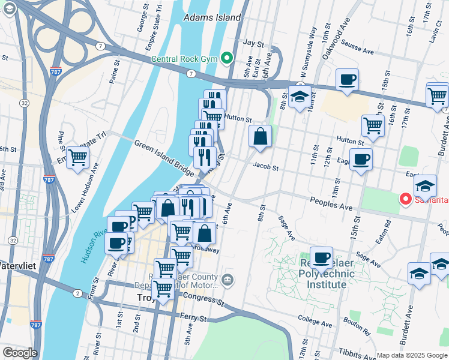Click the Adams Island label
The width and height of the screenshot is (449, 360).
[212, 17]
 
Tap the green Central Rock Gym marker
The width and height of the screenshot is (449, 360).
[227, 58]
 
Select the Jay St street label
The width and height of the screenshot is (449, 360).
[253, 44]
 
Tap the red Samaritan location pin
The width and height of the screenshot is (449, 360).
[406, 199]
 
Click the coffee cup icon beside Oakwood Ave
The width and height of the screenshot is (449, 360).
[347, 79]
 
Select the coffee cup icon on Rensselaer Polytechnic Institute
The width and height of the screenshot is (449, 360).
[321, 257]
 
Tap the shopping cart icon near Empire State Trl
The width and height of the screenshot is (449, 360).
[78, 158]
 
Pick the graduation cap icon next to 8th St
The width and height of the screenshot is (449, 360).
[299, 97]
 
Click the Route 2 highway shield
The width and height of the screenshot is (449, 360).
[77, 293]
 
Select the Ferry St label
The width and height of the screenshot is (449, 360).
[193, 317]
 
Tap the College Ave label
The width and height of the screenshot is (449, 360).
[314, 319]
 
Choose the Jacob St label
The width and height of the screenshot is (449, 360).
[266, 167]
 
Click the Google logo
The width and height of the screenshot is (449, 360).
[20, 353]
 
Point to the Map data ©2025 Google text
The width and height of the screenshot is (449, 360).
[411, 355]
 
